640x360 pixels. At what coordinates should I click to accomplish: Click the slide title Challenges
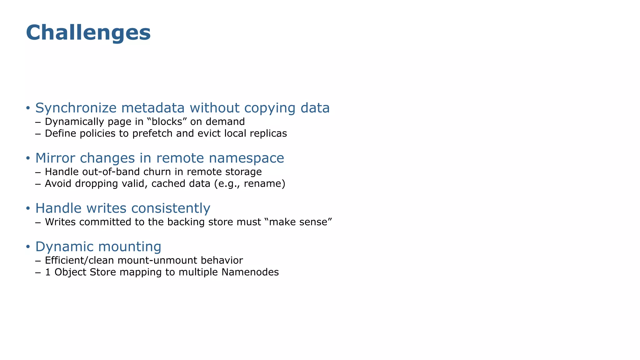88,33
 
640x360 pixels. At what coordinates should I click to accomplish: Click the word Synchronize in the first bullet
76,108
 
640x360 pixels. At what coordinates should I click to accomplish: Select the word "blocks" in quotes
165,122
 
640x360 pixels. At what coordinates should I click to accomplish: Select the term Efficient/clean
79,260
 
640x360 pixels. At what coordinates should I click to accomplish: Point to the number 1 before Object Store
48,272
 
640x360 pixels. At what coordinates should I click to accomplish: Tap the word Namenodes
250,272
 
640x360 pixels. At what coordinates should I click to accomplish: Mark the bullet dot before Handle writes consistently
28,208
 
